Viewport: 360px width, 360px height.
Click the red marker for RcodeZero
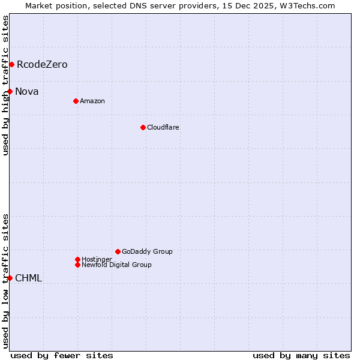[11, 64]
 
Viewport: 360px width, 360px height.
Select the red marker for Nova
[10, 91]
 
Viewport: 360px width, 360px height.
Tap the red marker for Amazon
[76, 101]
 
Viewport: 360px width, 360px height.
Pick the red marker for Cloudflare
[143, 127]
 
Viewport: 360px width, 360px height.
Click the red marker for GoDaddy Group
[118, 251]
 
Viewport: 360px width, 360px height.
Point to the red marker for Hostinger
[77, 259]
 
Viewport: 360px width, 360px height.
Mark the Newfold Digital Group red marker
[77, 265]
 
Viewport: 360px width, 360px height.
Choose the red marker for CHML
[10, 278]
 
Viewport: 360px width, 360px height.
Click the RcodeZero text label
[42, 64]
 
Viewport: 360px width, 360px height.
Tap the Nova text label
[27, 91]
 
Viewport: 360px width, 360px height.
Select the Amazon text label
[92, 101]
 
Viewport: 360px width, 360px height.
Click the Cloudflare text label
[163, 127]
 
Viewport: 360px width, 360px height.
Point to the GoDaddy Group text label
[147, 251]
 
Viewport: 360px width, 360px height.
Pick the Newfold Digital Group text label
[116, 265]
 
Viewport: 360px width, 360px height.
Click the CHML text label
[28, 278]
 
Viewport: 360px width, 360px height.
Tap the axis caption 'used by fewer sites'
[62, 355]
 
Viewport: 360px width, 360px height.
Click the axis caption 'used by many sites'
[301, 355]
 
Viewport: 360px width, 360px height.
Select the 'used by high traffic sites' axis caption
[5, 86]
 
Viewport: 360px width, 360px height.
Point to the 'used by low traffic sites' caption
[5, 281]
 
